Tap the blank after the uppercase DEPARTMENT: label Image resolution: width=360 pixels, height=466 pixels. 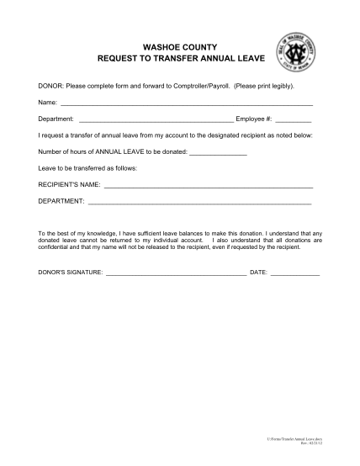tap(199, 202)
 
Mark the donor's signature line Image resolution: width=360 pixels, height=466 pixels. tap(176, 274)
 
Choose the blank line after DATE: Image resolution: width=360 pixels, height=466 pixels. tap(294, 274)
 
